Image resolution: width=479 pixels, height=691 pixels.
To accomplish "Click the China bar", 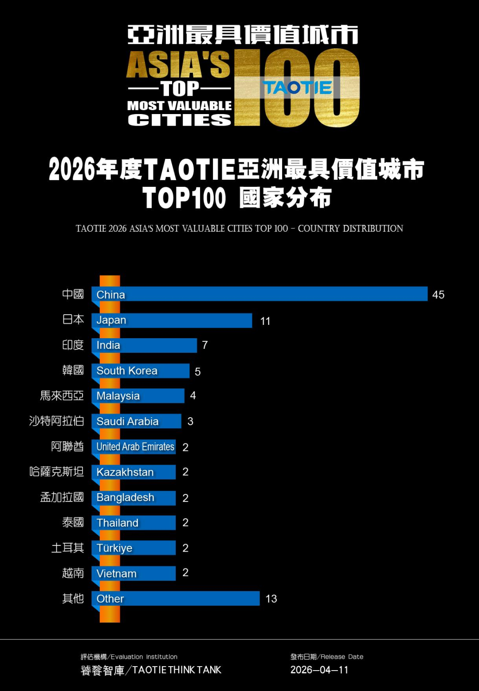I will pyautogui.click(x=259, y=294).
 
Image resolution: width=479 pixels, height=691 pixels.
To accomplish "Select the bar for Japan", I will pyautogui.click(x=172, y=320).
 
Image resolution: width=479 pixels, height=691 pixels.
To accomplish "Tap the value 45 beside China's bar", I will pyautogui.click(x=438, y=295).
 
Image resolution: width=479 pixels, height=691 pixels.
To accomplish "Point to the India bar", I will pyautogui.click(x=144, y=345).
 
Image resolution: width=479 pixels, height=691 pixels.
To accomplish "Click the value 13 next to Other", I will pyautogui.click(x=271, y=599).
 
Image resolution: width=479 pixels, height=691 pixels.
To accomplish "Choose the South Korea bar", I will pyautogui.click(x=140, y=371).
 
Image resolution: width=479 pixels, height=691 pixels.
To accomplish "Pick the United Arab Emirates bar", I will pyautogui.click(x=133, y=447).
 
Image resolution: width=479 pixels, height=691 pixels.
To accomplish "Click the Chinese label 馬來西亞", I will pyautogui.click(x=62, y=395).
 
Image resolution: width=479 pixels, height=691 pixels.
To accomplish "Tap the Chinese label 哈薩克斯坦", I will pyautogui.click(x=56, y=471).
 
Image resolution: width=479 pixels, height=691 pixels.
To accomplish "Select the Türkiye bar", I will pyautogui.click(x=133, y=548).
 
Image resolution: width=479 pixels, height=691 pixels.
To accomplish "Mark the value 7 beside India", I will pyautogui.click(x=204, y=345).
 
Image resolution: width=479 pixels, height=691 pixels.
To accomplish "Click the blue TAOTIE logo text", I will pyautogui.click(x=298, y=88).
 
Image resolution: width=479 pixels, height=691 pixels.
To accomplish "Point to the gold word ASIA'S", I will pyautogui.click(x=178, y=65).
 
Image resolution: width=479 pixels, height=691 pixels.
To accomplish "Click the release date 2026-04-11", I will pyautogui.click(x=319, y=670).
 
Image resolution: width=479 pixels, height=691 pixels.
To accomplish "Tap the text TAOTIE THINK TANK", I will pyautogui.click(x=177, y=670).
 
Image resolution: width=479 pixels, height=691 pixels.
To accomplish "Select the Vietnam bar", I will pyautogui.click(x=133, y=573).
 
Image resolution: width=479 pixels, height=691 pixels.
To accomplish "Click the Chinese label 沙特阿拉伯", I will pyautogui.click(x=56, y=421).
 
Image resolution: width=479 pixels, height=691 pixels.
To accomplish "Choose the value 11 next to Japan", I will pyautogui.click(x=265, y=321).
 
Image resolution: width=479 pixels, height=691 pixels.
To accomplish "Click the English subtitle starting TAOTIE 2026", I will pyautogui.click(x=239, y=229).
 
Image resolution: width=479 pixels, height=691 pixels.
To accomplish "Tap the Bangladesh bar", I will pyautogui.click(x=133, y=498).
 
